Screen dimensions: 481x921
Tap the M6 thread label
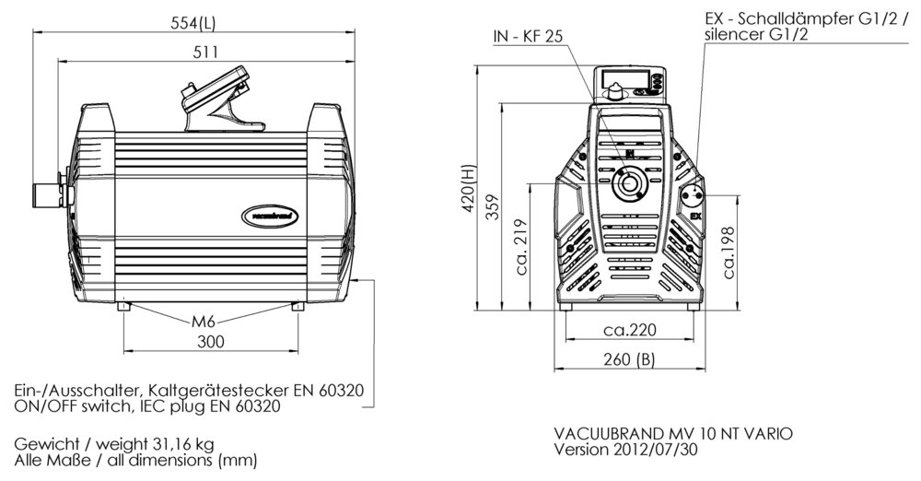[x=204, y=322]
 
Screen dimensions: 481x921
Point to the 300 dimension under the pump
[x=212, y=342]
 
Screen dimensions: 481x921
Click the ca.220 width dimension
[x=629, y=329]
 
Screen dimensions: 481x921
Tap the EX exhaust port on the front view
[x=693, y=195]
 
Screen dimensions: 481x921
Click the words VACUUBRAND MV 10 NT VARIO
[x=672, y=433]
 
